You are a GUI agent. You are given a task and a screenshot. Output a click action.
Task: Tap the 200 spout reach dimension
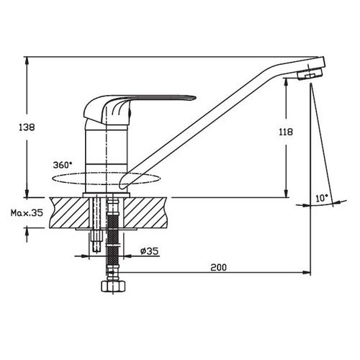click(219, 267)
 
